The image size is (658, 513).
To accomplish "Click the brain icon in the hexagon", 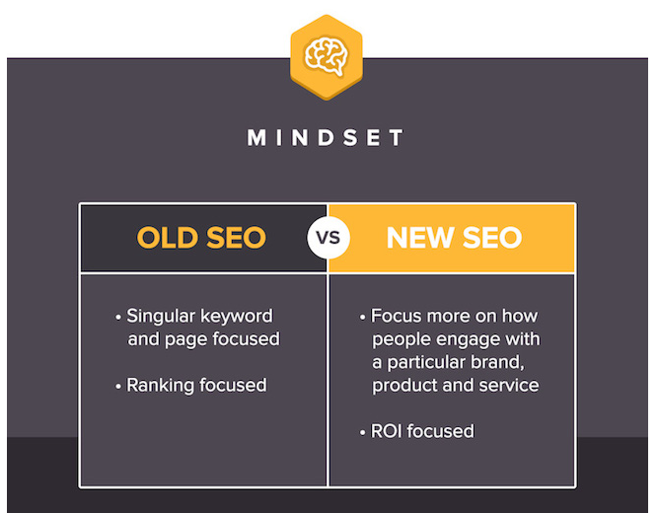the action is (x=327, y=56).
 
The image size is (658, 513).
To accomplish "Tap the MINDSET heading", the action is (x=326, y=138).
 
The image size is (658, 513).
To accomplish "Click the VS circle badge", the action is (x=329, y=238).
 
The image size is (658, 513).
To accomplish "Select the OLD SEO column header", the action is (x=201, y=238).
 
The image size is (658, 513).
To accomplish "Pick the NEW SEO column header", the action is (x=454, y=238).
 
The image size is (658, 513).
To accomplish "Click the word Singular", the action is (x=161, y=317).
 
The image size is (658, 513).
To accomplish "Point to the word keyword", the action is (x=236, y=317).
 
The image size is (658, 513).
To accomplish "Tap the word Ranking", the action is (x=160, y=386).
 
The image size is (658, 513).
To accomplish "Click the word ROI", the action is (x=387, y=431).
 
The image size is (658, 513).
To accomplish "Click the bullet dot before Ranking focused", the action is (x=118, y=386).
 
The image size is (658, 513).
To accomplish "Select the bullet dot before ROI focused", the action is (x=363, y=432).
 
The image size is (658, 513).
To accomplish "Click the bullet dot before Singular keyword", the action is (x=118, y=318).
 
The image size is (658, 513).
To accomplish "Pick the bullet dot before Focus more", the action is (x=363, y=318).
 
